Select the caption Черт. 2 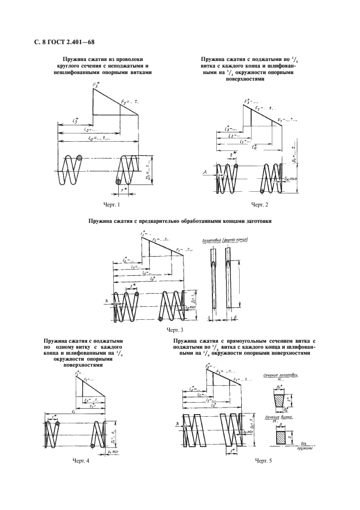pyautogui.click(x=260, y=204)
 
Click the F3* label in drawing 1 pyautogui.click(x=96, y=85)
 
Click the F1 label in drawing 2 pyautogui.click(x=280, y=119)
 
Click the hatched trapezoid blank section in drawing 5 pyautogui.click(x=282, y=399)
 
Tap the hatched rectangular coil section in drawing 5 pyautogui.click(x=281, y=436)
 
